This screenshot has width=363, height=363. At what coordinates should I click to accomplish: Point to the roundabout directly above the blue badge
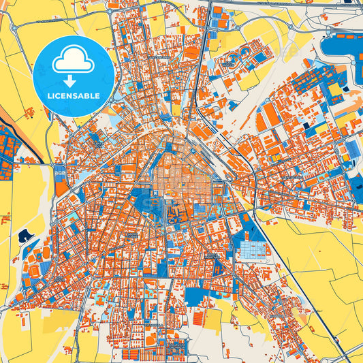[110, 12]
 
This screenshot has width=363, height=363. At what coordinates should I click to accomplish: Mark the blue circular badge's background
[48, 75]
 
